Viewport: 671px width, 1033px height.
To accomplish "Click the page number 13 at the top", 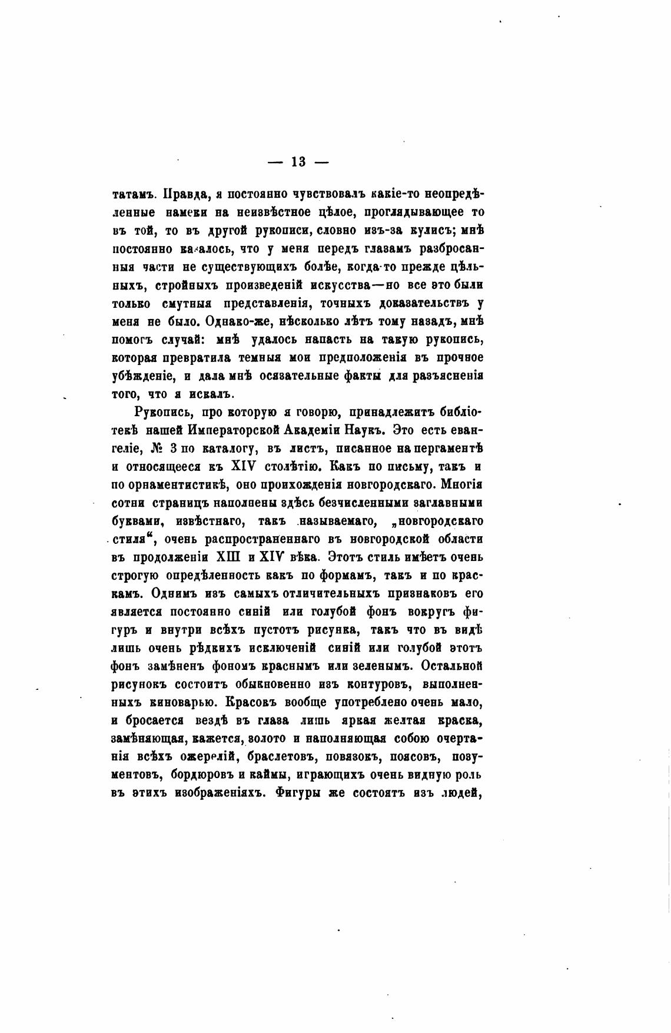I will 298,162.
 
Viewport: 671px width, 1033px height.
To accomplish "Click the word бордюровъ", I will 198,775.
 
